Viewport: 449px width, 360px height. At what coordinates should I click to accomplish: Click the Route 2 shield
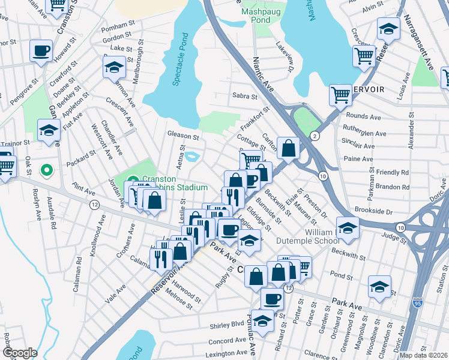tap(315, 136)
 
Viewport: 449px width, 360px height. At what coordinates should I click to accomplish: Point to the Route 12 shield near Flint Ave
tap(95, 205)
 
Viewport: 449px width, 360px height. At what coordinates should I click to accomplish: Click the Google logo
tap(20, 353)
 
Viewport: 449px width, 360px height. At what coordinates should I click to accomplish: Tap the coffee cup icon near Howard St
tap(41, 52)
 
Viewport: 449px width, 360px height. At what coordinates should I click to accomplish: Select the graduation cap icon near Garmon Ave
tap(113, 68)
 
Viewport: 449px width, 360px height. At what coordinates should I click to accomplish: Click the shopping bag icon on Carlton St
tap(288, 149)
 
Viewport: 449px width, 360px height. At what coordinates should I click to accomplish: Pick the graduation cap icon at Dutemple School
tap(347, 227)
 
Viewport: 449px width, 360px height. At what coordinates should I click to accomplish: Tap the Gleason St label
tap(183, 137)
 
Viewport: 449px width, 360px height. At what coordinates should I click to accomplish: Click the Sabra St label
tap(244, 96)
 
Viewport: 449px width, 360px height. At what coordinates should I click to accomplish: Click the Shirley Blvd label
tap(223, 325)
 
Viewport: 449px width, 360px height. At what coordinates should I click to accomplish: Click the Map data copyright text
tap(424, 355)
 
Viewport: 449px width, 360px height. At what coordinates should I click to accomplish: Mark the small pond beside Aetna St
tap(192, 157)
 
